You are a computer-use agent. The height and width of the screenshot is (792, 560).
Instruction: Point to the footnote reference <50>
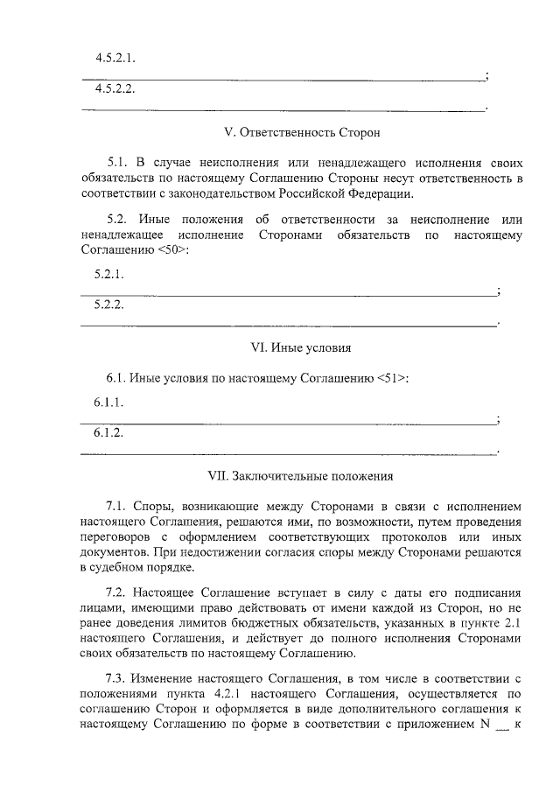tap(171, 250)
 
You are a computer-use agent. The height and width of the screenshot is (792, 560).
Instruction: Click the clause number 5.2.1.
tap(109, 274)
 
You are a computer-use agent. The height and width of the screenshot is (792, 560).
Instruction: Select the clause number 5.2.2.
tap(109, 305)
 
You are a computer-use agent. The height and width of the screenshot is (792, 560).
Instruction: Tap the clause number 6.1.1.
tap(109, 403)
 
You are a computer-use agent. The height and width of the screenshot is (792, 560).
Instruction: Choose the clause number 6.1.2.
tap(109, 434)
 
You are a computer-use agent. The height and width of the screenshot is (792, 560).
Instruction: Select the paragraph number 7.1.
tap(117, 507)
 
